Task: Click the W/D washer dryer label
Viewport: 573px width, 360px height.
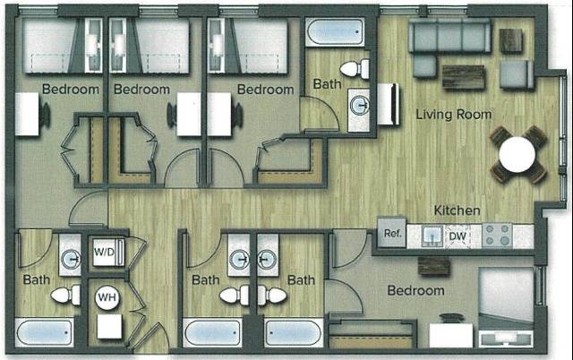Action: click(x=105, y=252)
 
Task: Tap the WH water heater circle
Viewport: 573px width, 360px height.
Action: click(x=107, y=296)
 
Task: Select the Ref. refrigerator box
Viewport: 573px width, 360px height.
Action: click(x=392, y=235)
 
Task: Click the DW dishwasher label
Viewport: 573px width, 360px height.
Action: click(x=458, y=237)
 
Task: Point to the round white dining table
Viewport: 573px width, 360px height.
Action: click(x=518, y=154)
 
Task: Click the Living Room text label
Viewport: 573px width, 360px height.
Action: click(x=454, y=115)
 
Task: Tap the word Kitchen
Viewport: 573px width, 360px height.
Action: click(x=458, y=210)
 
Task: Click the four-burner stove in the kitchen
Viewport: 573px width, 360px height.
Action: click(x=497, y=236)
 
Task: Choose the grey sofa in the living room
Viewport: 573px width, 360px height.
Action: click(x=449, y=37)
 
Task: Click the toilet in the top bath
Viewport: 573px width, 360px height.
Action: click(x=355, y=69)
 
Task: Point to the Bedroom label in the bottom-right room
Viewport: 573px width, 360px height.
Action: click(x=415, y=291)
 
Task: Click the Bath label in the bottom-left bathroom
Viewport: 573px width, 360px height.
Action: click(x=37, y=279)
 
